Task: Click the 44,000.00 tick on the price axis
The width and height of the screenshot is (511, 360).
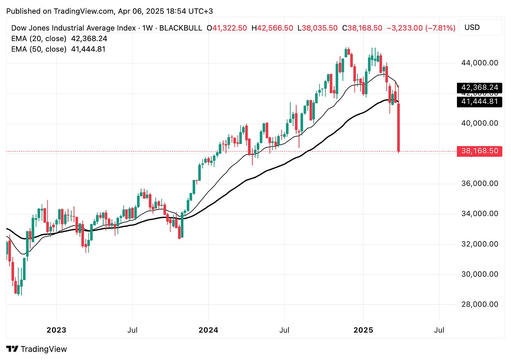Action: pyautogui.click(x=479, y=63)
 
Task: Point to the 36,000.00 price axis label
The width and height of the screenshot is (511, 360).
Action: pyautogui.click(x=479, y=183)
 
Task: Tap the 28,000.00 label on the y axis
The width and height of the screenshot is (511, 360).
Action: pyautogui.click(x=479, y=304)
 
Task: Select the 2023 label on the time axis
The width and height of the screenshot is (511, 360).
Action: pyautogui.click(x=57, y=330)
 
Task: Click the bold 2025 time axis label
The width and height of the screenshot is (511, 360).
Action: pyautogui.click(x=363, y=330)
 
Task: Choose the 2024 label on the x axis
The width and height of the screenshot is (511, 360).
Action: pyautogui.click(x=208, y=330)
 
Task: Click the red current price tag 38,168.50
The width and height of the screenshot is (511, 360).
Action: pyautogui.click(x=479, y=151)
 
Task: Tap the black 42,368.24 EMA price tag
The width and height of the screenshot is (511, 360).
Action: pyautogui.click(x=479, y=87)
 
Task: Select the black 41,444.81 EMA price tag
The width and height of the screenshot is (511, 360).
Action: pyautogui.click(x=479, y=101)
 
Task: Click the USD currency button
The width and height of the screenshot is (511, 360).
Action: pyautogui.click(x=472, y=27)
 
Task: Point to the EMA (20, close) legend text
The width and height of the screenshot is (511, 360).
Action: pyautogui.click(x=39, y=39)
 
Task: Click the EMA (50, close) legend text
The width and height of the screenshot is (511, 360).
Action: pyautogui.click(x=39, y=49)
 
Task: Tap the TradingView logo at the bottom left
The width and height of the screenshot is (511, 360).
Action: pyautogui.click(x=36, y=349)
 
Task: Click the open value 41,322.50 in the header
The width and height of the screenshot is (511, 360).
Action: pyautogui.click(x=230, y=28)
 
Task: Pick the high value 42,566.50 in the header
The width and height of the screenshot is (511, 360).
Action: pyautogui.click(x=275, y=28)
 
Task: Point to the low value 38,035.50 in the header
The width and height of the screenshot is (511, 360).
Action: pyautogui.click(x=319, y=28)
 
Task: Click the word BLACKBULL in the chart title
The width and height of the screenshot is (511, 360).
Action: pyautogui.click(x=181, y=28)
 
